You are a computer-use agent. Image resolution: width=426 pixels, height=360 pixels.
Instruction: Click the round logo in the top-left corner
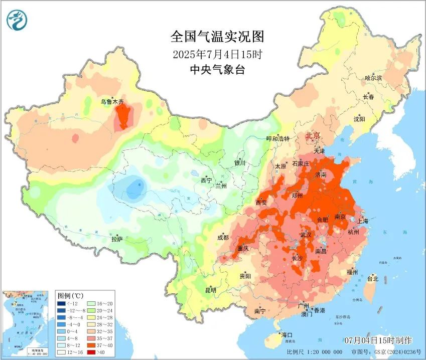point(17,20)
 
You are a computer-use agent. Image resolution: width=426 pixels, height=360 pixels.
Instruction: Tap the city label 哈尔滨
point(373,78)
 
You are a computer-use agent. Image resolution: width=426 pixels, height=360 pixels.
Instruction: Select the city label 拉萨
point(117,239)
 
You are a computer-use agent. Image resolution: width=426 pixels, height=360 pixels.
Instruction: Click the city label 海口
point(287,334)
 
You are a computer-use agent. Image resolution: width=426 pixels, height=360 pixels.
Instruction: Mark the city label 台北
point(372,278)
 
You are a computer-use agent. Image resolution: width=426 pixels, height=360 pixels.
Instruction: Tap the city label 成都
point(223,237)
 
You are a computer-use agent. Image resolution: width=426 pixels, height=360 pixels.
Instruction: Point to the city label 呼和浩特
point(277,138)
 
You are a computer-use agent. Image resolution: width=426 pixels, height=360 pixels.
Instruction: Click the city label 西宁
point(206,180)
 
